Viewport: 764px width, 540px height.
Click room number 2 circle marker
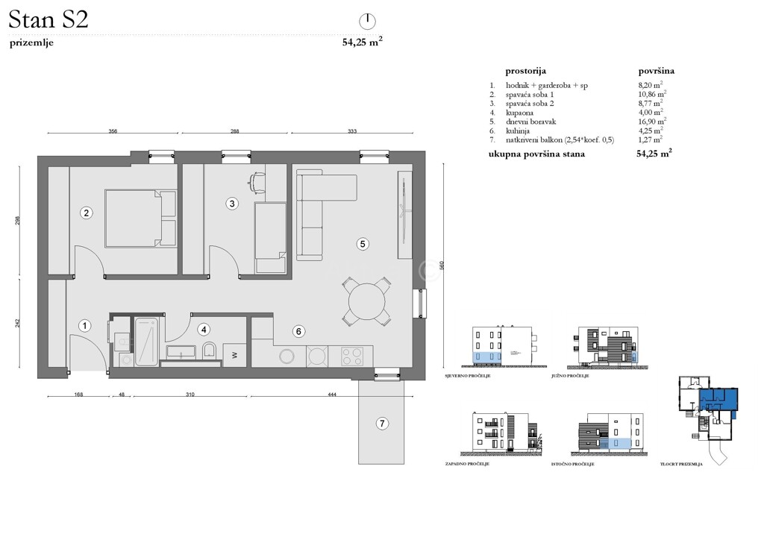tap(87, 213)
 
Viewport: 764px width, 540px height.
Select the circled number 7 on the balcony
tap(382, 424)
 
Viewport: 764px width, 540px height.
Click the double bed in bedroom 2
tap(140, 218)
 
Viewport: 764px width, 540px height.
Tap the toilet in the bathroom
tap(210, 351)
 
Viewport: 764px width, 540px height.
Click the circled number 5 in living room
tap(363, 243)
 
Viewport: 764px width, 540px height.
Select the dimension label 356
tap(113, 131)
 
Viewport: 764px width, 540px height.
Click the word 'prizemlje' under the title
tap(31, 43)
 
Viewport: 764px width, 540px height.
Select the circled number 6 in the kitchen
tap(298, 331)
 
